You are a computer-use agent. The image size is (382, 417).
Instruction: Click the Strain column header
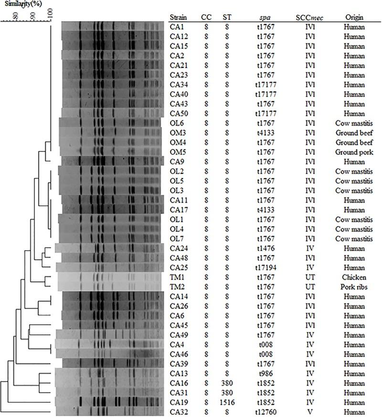coord(178,18)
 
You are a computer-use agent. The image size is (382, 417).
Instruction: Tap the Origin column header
coord(354,18)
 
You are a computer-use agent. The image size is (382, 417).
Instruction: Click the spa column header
coord(265,18)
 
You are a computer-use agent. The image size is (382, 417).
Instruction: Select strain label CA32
coord(178,412)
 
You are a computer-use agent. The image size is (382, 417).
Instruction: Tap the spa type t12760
coord(265,412)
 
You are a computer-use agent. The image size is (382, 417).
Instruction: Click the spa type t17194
coord(265,267)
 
